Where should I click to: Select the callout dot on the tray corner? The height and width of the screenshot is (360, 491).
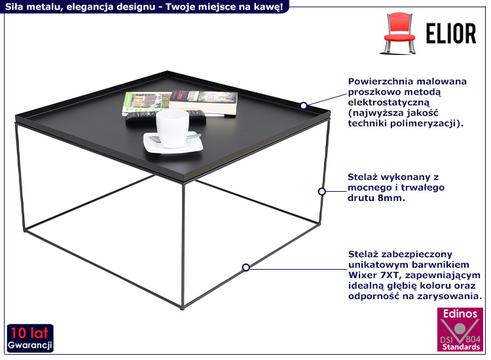[x=304, y=105]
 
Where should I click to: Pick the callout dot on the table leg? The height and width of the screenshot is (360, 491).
[x=321, y=191]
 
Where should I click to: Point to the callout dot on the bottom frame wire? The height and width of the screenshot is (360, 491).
[x=246, y=267]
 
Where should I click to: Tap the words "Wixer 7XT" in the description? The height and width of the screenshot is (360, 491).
[x=372, y=275]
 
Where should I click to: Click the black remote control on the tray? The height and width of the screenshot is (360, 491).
[x=140, y=118]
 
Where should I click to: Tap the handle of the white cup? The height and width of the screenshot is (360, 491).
[x=191, y=124]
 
